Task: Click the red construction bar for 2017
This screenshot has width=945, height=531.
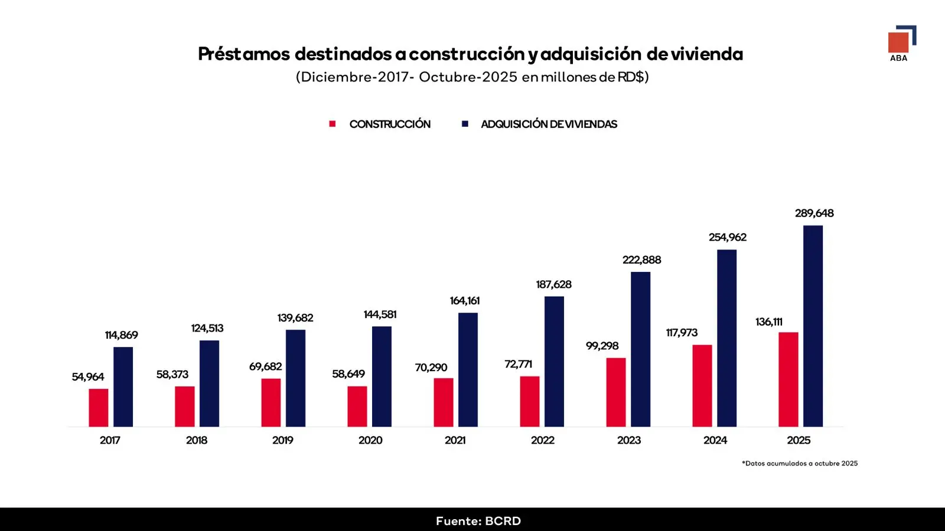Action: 99,408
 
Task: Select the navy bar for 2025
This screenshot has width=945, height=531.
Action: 813,326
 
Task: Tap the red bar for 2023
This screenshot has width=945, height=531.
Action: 616,392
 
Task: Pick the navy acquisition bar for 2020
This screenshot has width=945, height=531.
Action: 382,376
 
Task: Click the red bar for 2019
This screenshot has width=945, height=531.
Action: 271,402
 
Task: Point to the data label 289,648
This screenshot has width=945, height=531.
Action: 814,213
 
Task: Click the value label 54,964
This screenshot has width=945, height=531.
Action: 88,377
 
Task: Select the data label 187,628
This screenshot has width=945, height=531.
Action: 553,284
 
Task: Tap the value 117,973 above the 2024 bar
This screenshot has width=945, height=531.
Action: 682,333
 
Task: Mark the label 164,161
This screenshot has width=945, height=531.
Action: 465,301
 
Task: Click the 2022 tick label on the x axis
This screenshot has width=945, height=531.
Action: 542,440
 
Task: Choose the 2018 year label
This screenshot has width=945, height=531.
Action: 197,440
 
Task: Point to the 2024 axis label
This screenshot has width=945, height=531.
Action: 715,440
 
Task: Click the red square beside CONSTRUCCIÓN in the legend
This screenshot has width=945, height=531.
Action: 333,124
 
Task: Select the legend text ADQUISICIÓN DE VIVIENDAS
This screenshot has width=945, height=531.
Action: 549,124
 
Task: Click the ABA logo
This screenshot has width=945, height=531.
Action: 901,43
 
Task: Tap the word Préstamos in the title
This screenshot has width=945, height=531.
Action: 244,54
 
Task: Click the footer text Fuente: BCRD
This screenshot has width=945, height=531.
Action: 478,521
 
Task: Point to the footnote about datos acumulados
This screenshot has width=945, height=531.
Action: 800,463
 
